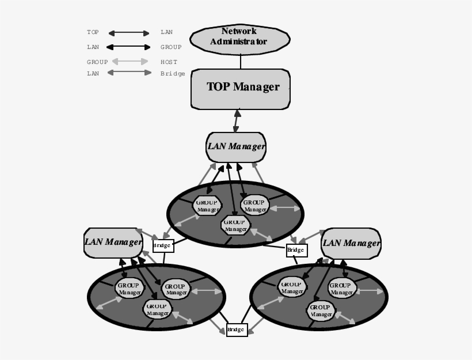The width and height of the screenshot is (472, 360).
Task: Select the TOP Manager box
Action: pos(241,89)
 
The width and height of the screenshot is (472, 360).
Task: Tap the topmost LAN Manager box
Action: pos(236,146)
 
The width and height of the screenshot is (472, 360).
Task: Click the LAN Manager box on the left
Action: pos(113,242)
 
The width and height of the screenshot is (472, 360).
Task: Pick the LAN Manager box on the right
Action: pos(351,242)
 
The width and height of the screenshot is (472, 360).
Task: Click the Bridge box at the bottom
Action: pos(237,330)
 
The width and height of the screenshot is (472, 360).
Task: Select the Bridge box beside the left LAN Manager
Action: pos(162,246)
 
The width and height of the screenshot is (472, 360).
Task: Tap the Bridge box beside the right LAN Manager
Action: pos(296,251)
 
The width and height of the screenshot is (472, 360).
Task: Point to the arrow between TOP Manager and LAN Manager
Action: pos(237,120)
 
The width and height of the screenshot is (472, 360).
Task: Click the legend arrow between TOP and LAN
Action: pos(129,33)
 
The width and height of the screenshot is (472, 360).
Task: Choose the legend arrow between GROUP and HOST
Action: pos(130,62)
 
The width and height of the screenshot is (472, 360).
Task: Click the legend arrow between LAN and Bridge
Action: pos(129,73)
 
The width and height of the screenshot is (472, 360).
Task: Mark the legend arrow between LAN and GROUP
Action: pos(129,47)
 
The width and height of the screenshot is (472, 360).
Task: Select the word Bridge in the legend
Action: pos(173,74)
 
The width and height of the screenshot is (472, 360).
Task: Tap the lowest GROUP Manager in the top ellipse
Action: pos(235,225)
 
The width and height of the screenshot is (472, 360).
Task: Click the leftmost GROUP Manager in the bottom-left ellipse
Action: pos(130,288)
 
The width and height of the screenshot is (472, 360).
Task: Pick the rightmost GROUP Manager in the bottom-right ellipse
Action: pos(342,288)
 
